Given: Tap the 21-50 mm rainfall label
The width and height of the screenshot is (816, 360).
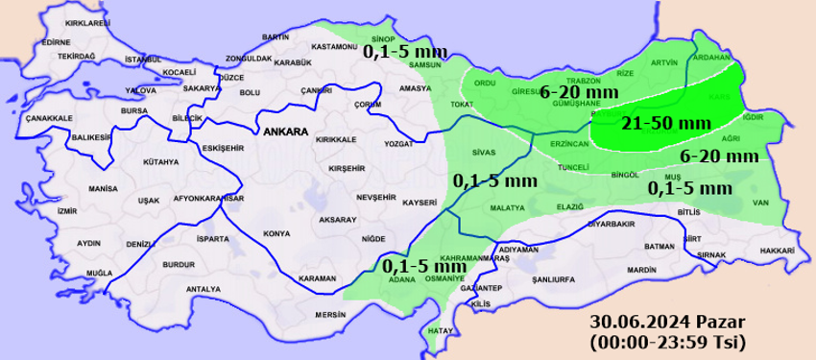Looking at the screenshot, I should click(x=652, y=124).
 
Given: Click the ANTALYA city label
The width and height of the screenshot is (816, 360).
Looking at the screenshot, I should click(x=204, y=288).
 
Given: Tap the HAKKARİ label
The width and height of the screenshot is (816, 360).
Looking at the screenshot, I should click(x=777, y=250).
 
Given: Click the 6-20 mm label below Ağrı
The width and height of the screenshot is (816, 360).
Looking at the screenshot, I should click(x=719, y=156).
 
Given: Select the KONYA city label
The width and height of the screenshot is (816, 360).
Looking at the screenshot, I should click(x=276, y=233).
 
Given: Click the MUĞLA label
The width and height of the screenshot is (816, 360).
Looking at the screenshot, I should click(x=99, y=274).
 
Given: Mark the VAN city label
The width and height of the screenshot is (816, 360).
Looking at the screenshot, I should click(x=762, y=202).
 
